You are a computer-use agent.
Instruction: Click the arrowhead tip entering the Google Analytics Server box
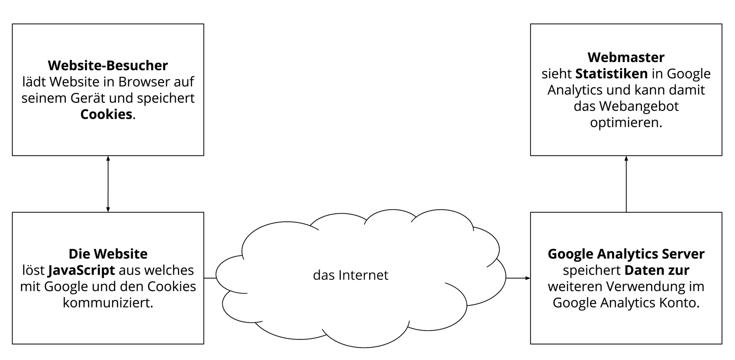click(x=530, y=278)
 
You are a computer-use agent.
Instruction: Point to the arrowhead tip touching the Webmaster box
click(x=626, y=156)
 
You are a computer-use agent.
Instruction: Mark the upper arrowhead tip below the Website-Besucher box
click(x=108, y=156)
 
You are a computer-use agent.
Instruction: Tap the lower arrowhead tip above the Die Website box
click(x=108, y=212)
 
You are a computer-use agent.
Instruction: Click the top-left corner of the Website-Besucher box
click(x=13, y=24)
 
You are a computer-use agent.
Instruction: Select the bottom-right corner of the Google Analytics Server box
click(x=722, y=344)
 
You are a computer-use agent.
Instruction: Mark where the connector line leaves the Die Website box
click(x=204, y=278)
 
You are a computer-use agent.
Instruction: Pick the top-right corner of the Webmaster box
click(x=722, y=24)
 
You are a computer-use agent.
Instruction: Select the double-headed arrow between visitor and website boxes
click(x=108, y=184)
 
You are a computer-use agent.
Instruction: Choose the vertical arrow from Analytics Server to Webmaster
click(x=626, y=184)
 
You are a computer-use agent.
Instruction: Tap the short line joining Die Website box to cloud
click(x=210, y=278)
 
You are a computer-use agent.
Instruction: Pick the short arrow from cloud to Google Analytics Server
click(x=518, y=278)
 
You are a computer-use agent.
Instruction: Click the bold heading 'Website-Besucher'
click(x=108, y=65)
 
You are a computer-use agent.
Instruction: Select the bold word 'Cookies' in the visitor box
click(x=106, y=114)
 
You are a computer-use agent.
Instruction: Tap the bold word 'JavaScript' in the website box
click(x=81, y=270)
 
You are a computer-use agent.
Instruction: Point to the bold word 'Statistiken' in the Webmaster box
click(x=612, y=74)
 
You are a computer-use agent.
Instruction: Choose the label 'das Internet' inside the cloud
click(x=351, y=275)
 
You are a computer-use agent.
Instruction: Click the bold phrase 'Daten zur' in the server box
click(x=657, y=270)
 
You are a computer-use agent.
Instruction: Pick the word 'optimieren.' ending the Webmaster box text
click(x=626, y=123)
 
